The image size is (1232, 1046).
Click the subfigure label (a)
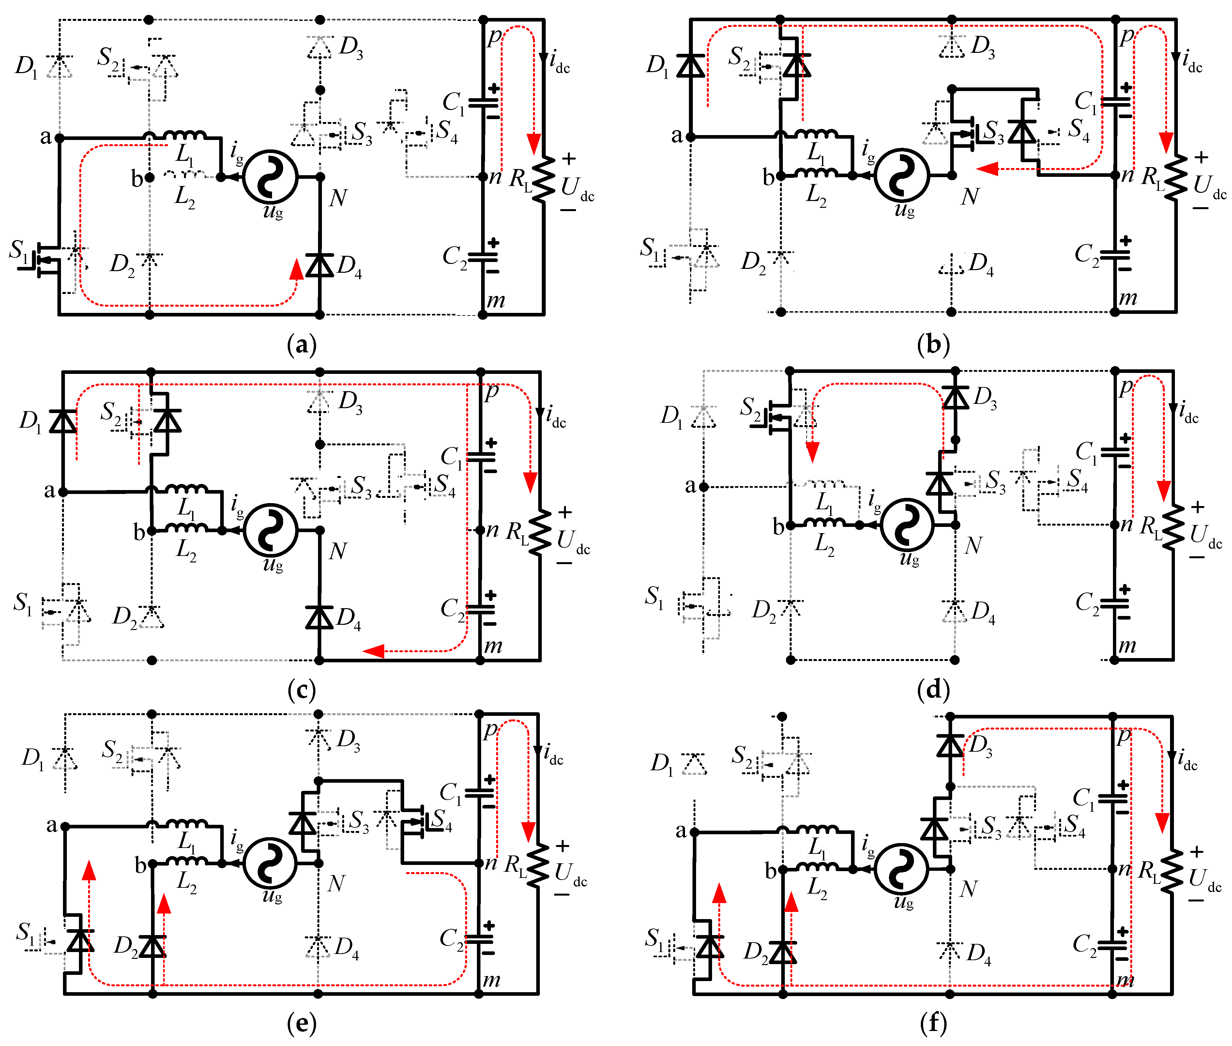coord(301,344)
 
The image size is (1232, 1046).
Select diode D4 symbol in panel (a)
coord(320,265)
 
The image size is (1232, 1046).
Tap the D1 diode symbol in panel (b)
coord(691,65)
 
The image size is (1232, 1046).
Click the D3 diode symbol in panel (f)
coord(950,745)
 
